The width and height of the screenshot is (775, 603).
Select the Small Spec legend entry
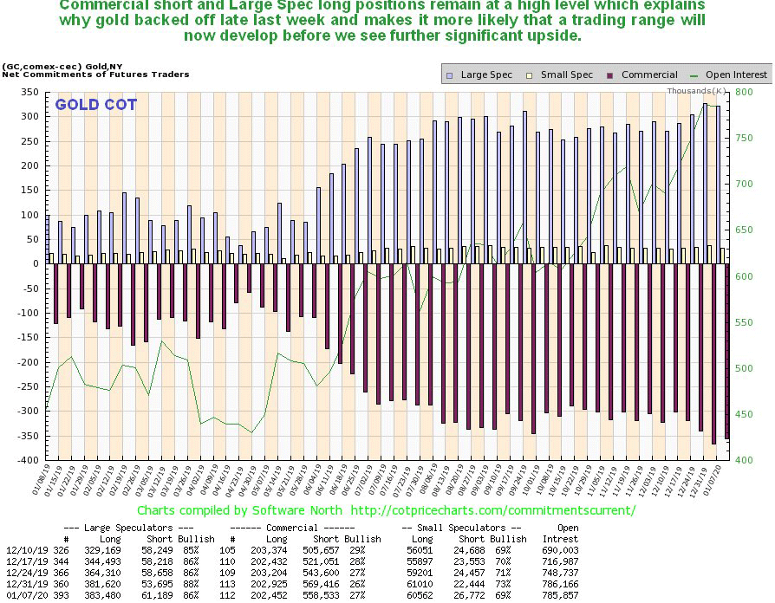pyautogui.click(x=566, y=75)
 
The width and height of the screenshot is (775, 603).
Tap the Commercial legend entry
pyautogui.click(x=648, y=75)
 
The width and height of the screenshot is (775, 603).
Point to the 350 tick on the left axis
pyautogui.click(x=29, y=92)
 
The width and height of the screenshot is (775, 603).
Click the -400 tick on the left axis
pyautogui.click(x=27, y=460)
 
